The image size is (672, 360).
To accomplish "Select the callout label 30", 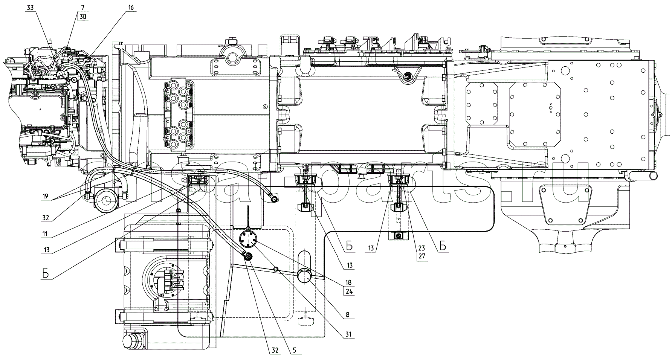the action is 83,17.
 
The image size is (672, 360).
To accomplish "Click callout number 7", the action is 83,8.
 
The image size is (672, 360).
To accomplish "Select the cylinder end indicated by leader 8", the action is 305,276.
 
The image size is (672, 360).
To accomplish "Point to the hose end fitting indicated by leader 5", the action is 248,256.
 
